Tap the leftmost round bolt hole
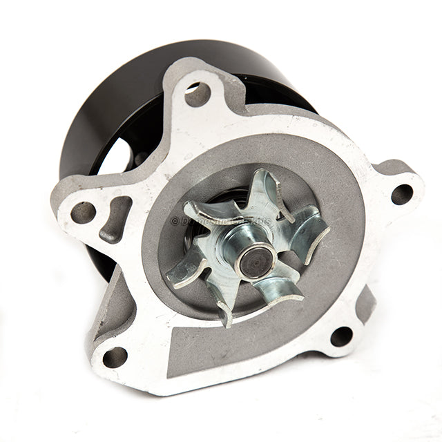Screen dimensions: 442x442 83,212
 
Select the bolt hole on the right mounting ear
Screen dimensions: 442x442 402,194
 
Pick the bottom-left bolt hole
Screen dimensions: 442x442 115,356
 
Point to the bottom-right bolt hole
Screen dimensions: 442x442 341,336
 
